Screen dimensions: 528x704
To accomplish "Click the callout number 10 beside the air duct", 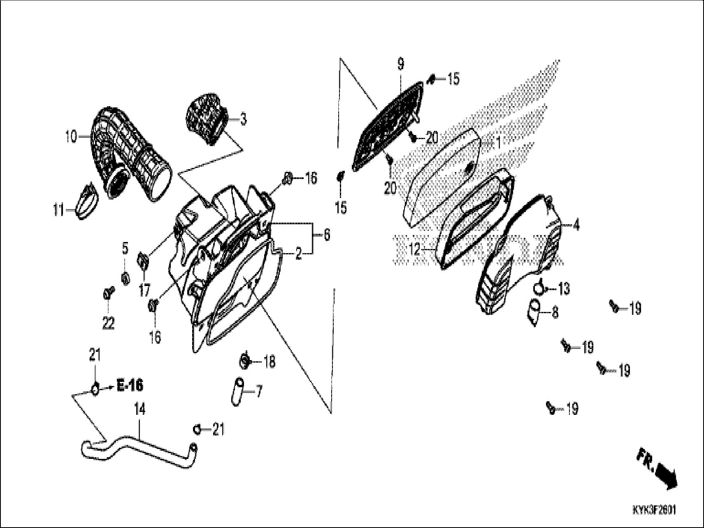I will click(70, 136).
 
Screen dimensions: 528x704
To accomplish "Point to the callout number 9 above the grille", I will click(400, 64).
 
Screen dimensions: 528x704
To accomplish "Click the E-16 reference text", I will click(130, 386).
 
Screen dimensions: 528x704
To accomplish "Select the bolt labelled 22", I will click(108, 294).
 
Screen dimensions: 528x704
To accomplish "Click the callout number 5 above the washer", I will click(125, 249).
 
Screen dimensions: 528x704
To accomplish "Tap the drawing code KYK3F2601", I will click(654, 511).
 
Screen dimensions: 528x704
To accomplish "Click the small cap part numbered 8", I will click(535, 312).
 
